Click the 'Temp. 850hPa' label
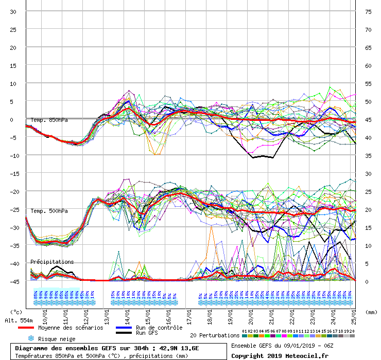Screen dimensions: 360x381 click(49, 120)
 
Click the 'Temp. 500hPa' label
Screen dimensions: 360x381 click(49, 211)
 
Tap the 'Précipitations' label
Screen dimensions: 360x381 click(52, 262)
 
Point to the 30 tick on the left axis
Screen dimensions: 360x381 click(13, 12)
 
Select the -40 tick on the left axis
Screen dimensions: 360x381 click(13, 263)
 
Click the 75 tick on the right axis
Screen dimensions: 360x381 click(368, 12)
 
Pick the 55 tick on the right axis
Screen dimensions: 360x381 click(368, 84)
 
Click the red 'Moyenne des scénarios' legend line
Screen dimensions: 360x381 click(22, 328)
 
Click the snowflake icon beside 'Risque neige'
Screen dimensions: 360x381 click(30, 339)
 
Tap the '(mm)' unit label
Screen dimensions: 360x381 click(371, 312)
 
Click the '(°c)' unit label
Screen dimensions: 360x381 click(16, 312)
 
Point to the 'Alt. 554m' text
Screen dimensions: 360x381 click(19, 320)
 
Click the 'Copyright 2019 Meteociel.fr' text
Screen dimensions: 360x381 click(280, 355)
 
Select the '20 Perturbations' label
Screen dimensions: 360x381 click(215, 335)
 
